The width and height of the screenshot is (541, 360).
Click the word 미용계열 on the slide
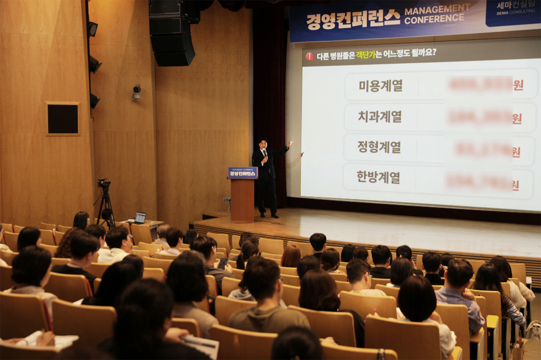click(x=380, y=85)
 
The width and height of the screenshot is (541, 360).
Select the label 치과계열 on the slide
click(x=380, y=116)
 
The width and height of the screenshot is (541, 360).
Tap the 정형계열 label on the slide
click(x=379, y=147)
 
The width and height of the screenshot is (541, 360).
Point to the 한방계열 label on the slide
click(x=379, y=177)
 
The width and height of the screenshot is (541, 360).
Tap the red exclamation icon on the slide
click(x=309, y=56)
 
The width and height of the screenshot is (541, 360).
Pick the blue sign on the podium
click(x=243, y=173)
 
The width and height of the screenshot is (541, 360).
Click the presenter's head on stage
click(x=263, y=144)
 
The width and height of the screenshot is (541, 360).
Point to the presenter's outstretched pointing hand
click(x=291, y=144)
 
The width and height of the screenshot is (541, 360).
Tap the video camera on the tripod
click(x=103, y=184)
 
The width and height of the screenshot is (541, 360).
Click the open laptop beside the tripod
click(x=140, y=218)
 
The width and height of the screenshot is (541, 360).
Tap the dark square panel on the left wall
click(x=62, y=118)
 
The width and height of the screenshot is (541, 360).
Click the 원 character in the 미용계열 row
click(x=518, y=85)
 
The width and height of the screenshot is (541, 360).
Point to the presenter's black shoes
click(x=268, y=215)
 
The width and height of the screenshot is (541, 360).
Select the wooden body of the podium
click(x=242, y=200)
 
